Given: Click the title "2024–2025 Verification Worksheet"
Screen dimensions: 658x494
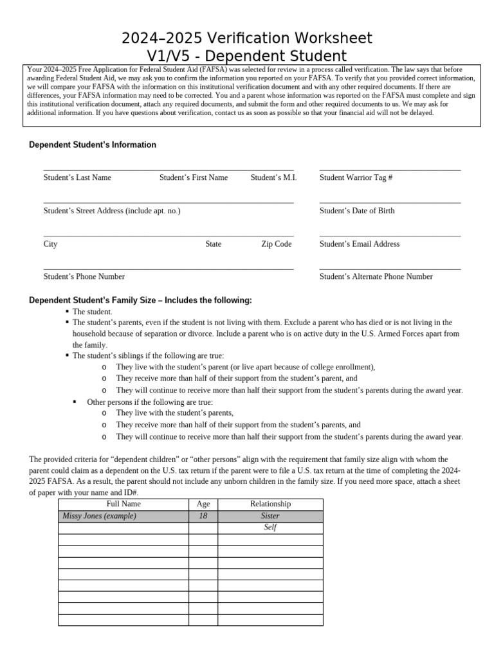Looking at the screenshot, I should [x=247, y=37].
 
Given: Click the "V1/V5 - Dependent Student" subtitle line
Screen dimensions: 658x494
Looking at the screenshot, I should [x=247, y=55].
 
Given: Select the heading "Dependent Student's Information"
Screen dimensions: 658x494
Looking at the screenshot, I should [x=93, y=145].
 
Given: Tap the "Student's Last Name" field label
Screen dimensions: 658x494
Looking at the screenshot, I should [x=77, y=177].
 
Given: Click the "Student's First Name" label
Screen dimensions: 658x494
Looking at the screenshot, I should [x=194, y=177].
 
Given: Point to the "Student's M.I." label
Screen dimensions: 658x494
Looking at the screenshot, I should [x=273, y=177].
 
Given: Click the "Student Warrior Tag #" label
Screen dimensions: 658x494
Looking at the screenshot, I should [x=356, y=177].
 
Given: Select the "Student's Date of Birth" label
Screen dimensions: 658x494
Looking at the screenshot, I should [x=357, y=211].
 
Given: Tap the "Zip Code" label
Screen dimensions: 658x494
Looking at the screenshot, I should [x=276, y=244].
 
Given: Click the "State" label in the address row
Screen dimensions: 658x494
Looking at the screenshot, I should [x=214, y=244].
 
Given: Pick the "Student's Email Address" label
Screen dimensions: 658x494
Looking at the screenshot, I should [x=360, y=244].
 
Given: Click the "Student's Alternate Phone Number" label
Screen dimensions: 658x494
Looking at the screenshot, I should [x=376, y=277].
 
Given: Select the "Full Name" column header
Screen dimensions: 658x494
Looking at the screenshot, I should [x=123, y=504].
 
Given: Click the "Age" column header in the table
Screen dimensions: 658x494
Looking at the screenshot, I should [x=203, y=504].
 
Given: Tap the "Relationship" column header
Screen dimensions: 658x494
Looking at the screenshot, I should [x=270, y=504].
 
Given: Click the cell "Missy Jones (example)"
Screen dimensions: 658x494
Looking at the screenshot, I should [x=100, y=516].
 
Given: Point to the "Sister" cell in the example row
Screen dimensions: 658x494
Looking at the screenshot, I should [x=270, y=516].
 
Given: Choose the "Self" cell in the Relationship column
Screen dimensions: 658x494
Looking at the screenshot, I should [x=270, y=528].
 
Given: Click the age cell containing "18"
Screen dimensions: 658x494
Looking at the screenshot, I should [x=203, y=516].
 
